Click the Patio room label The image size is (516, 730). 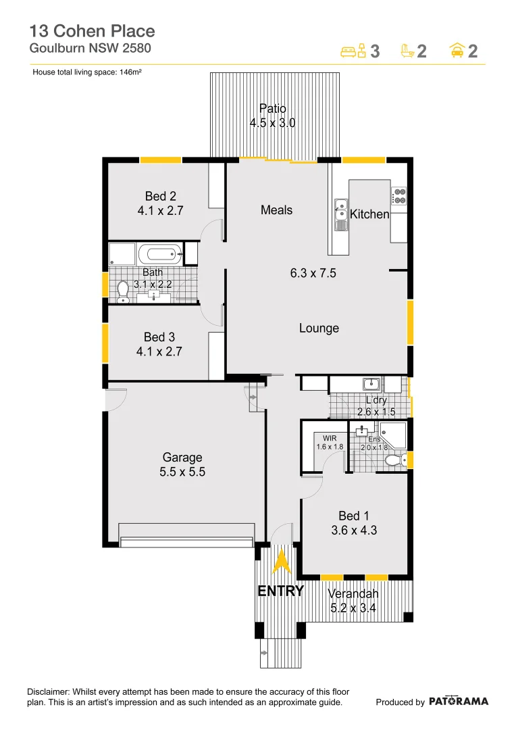coord(273,108)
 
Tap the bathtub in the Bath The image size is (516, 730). coord(160,255)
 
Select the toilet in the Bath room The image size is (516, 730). coord(123,291)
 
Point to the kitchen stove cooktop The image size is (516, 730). coord(399,195)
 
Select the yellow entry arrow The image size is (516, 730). coord(280,562)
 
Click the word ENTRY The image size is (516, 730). coord(281,591)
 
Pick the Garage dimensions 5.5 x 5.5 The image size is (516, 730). coord(182,472)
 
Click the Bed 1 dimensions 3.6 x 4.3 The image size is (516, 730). coord(354,531)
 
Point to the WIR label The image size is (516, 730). coord(330,438)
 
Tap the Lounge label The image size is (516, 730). coord(319,328)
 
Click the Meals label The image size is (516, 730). coord(276,210)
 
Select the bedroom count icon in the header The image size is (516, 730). coord(353,51)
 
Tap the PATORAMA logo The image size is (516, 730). coord(459,702)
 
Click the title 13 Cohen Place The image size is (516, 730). coord(92,31)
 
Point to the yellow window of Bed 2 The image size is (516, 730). coord(161,160)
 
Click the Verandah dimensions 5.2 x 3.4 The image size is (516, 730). coord(353,608)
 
